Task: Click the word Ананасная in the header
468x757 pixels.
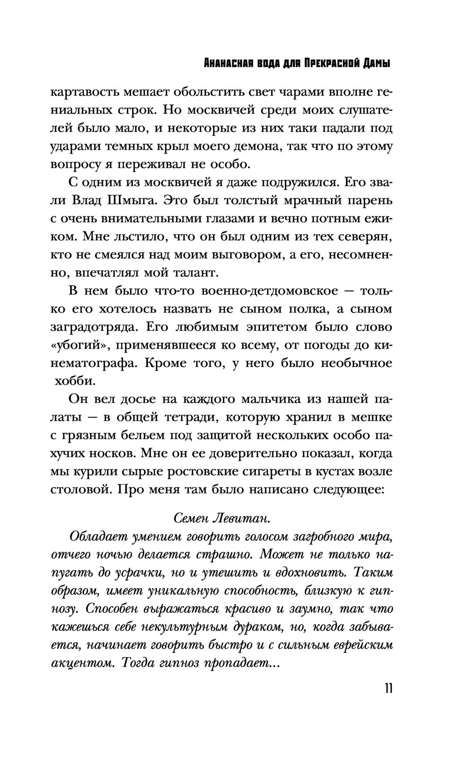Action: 223,63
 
